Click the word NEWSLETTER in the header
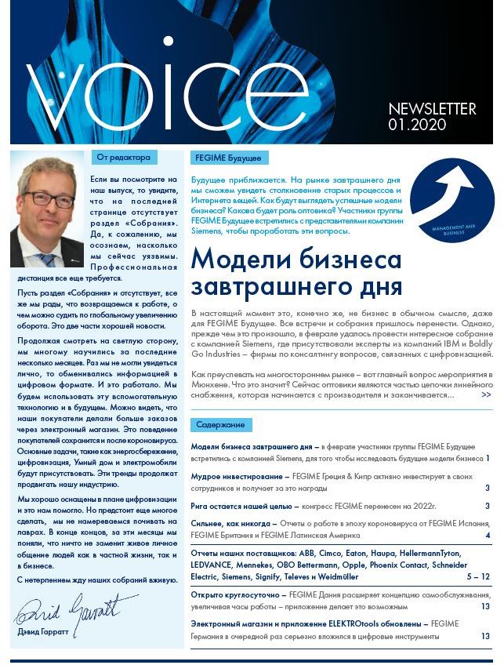[432, 109]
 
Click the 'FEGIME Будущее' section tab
[230, 158]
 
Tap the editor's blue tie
[49, 260]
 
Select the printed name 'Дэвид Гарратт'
[49, 632]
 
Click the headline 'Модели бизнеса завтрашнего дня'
[297, 271]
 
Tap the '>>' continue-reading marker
[486, 394]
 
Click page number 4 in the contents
[488, 536]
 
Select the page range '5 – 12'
[477, 576]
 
